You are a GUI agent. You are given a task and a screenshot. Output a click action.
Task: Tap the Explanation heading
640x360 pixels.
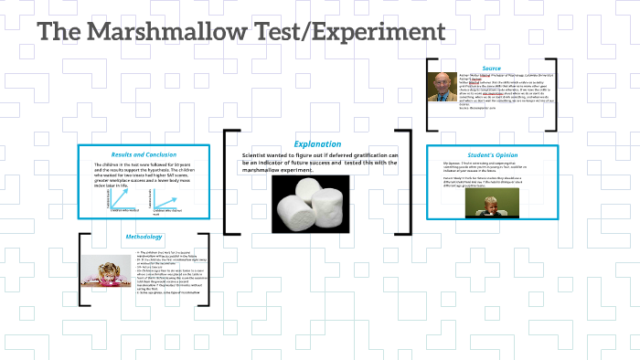317,143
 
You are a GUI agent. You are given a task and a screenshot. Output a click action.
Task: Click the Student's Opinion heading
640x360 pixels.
493,154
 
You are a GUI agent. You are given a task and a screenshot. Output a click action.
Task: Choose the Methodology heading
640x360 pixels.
144,237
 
